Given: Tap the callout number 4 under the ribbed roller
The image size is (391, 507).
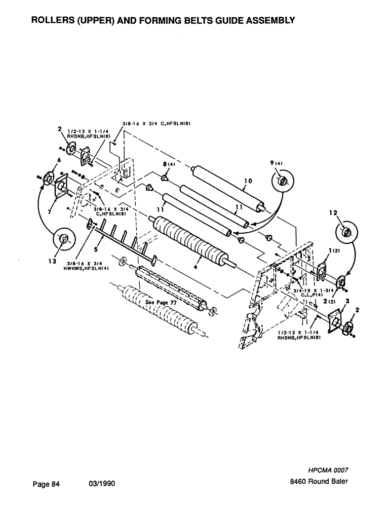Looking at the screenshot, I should [195, 267].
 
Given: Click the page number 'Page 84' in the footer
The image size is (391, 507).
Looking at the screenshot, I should [46, 484].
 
